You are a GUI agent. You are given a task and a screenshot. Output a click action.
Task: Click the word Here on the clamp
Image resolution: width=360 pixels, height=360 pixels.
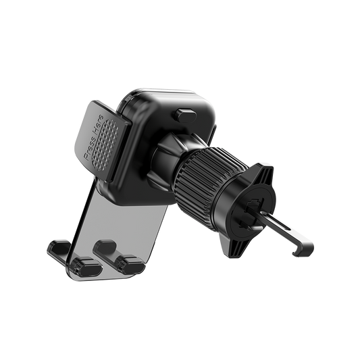coord(98,124)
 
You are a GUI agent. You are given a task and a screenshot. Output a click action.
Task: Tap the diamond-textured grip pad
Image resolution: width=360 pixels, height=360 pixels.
coord(105,145)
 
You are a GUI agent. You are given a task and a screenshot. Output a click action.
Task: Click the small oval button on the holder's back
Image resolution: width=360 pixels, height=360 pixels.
coord(186,115)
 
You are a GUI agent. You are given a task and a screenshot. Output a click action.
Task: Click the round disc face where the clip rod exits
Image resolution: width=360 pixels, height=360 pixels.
coord(251,212)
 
